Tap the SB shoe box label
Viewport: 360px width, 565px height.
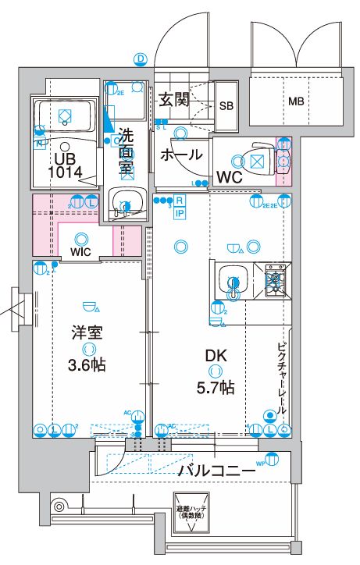(x=226, y=105)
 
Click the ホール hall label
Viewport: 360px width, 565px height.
(x=181, y=154)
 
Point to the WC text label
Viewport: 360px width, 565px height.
(x=229, y=176)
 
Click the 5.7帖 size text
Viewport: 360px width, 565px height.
(x=216, y=386)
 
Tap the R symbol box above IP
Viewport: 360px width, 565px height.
(x=180, y=201)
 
